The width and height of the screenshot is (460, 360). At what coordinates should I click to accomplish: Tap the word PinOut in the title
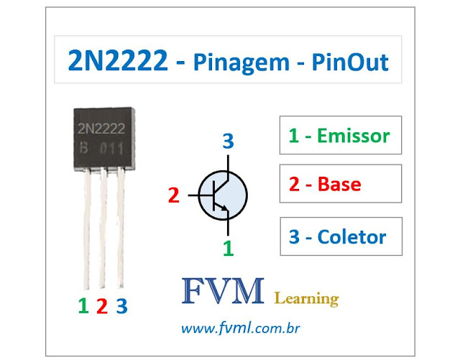tap(351, 63)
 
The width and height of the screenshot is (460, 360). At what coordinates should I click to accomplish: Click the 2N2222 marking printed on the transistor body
tap(101, 129)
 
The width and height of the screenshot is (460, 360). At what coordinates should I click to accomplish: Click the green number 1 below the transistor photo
tap(83, 306)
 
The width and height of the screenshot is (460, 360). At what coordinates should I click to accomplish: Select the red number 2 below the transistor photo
tap(101, 306)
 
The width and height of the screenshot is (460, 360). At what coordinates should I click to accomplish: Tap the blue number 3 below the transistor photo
tap(121, 306)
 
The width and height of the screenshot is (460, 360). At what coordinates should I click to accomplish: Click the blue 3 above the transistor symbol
tap(228, 142)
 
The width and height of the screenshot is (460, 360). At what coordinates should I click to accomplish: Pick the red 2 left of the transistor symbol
tap(172, 194)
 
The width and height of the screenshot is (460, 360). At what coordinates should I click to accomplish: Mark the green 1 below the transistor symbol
tap(228, 248)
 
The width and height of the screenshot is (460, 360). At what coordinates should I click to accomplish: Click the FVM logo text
tap(223, 295)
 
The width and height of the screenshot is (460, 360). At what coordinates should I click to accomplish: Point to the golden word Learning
tap(307, 297)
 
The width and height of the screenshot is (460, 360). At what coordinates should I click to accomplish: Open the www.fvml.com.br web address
tap(240, 328)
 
